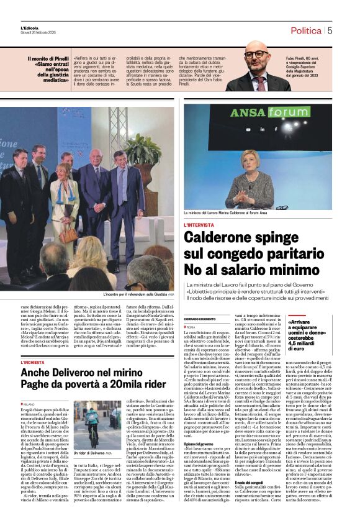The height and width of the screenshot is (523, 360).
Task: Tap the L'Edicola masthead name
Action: (x=29, y=27)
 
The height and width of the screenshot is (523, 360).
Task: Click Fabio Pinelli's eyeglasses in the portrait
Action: (x=256, y=55)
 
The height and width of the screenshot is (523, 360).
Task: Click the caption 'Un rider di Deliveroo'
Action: (x=91, y=453)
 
